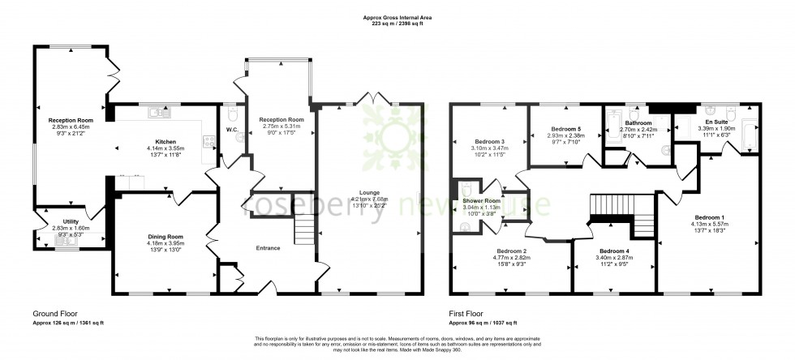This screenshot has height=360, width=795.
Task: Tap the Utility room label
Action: point(62,220)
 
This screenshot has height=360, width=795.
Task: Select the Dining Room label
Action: point(165,237)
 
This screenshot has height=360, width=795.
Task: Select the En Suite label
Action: point(716,121)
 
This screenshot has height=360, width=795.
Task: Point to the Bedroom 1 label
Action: point(709,195)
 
